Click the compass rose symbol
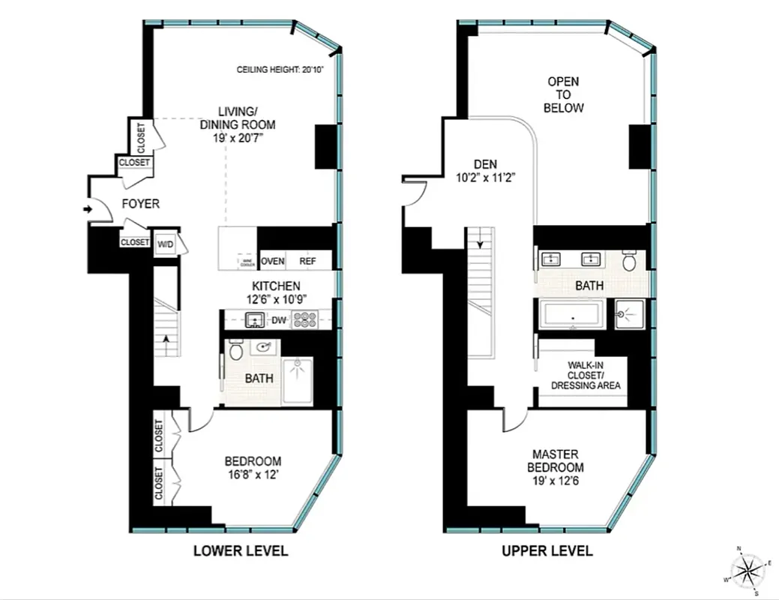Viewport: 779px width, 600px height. coord(748,568)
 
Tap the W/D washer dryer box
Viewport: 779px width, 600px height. coord(165,244)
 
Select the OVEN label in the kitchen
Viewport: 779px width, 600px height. coord(272,261)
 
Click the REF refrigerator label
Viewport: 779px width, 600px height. coord(307,261)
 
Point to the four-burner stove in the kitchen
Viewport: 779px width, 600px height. coord(304,321)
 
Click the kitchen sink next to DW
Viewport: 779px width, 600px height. coord(256,320)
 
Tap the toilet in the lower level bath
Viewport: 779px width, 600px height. coord(235,351)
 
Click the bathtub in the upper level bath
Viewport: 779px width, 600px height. coord(573,315)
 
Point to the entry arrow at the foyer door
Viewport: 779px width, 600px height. coord(87,209)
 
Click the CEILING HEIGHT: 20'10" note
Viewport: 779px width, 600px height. coord(277,70)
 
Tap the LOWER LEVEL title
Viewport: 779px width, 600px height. coord(240,551)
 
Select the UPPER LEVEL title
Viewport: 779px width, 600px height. coord(547,551)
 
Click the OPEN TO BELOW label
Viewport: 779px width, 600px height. coord(564,94)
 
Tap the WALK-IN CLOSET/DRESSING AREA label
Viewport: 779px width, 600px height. coord(586,375)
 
